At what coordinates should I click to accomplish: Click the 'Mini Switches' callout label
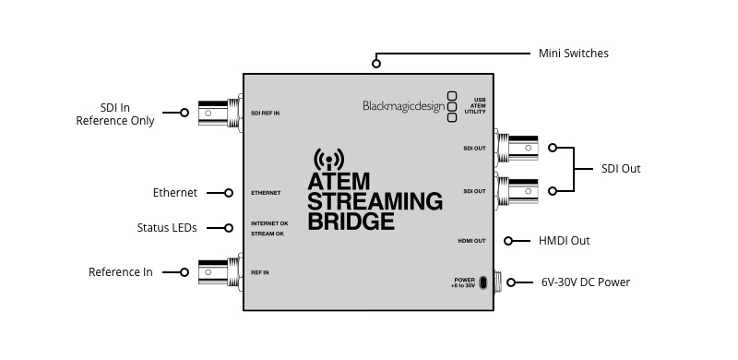tap(573, 54)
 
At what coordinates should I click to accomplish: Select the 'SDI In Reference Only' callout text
tap(115, 113)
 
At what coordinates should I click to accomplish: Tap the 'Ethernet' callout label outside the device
tap(175, 193)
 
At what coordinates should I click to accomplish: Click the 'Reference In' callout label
tap(121, 272)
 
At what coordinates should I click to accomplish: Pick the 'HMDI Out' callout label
tap(564, 241)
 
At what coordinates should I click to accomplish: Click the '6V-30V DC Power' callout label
tap(586, 282)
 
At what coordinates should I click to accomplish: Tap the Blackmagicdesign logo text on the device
tap(402, 105)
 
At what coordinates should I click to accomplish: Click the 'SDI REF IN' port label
tap(266, 113)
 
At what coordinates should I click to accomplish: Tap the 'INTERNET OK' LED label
tap(269, 223)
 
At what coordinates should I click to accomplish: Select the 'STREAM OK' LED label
tap(268, 234)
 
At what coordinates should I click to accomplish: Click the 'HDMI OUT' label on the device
tap(472, 241)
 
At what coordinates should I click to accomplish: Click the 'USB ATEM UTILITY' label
tap(475, 105)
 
